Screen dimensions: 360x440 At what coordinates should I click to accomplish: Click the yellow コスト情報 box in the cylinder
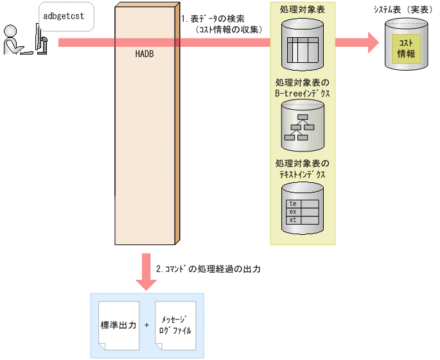pos(406,48)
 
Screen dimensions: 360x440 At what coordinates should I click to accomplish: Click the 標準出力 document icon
pos(119,326)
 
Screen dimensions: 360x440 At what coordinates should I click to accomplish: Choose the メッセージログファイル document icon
pos(175,326)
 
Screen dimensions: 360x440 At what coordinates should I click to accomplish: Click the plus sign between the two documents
pos(147,325)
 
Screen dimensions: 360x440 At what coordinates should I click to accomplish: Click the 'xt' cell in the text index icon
pos(294,220)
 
